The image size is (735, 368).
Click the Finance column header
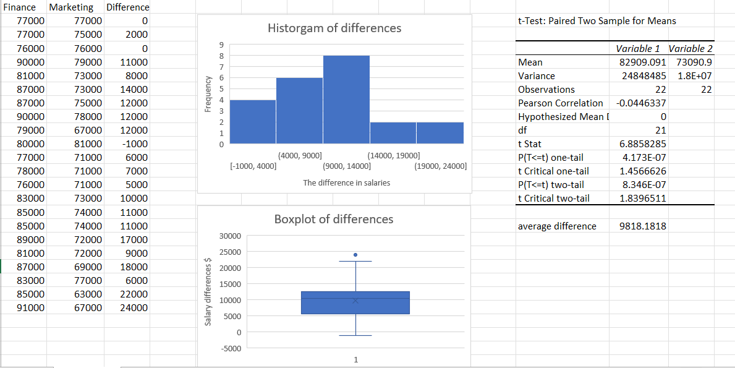23,7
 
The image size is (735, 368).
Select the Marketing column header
70,7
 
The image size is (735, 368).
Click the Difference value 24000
134,307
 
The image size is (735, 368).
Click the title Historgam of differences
334,28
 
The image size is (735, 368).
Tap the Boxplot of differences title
333,219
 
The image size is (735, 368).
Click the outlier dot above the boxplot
355,254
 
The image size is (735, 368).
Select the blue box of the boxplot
355,303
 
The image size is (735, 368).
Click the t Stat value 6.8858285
643,143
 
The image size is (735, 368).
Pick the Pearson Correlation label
560,103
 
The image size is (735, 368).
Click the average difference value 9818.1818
643,226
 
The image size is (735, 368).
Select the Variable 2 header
690,48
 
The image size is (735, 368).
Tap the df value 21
660,130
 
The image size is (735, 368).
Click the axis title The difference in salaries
346,182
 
